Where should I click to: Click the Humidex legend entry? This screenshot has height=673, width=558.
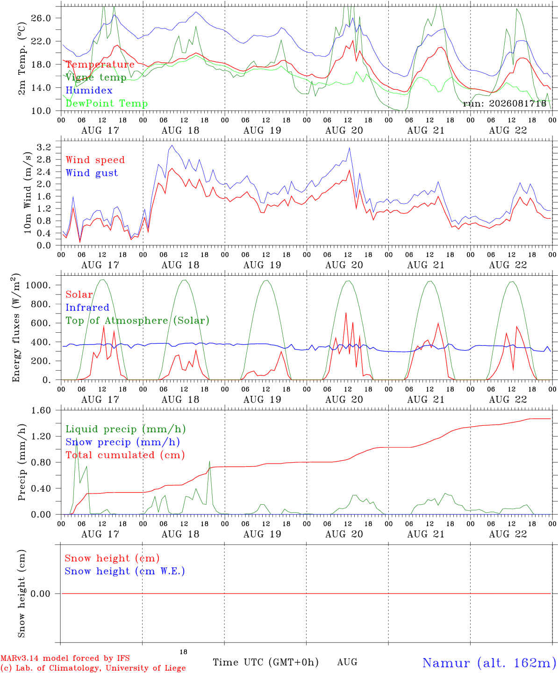(x=89, y=90)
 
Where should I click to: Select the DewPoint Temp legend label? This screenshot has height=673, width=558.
(x=107, y=103)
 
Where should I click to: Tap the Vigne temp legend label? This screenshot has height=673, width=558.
(x=96, y=78)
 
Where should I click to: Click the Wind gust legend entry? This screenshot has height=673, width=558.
(x=92, y=173)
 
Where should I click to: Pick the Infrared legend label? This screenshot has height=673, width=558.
(x=87, y=308)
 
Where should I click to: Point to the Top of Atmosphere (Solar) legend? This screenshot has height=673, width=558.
(x=138, y=321)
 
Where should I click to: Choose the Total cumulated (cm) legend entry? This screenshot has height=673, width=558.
(x=125, y=455)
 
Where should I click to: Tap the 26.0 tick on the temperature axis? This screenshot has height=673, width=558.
(x=41, y=18)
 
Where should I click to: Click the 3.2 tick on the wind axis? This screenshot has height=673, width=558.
(x=44, y=147)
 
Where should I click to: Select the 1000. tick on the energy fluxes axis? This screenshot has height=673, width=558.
(x=38, y=285)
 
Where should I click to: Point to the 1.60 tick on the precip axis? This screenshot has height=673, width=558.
(x=41, y=410)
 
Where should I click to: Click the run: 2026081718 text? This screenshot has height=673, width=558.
(x=504, y=103)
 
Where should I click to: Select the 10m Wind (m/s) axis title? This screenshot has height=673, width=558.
(x=28, y=193)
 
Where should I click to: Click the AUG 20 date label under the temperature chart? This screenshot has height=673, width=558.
(x=344, y=130)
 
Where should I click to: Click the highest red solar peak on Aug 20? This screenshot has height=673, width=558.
(x=346, y=313)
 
